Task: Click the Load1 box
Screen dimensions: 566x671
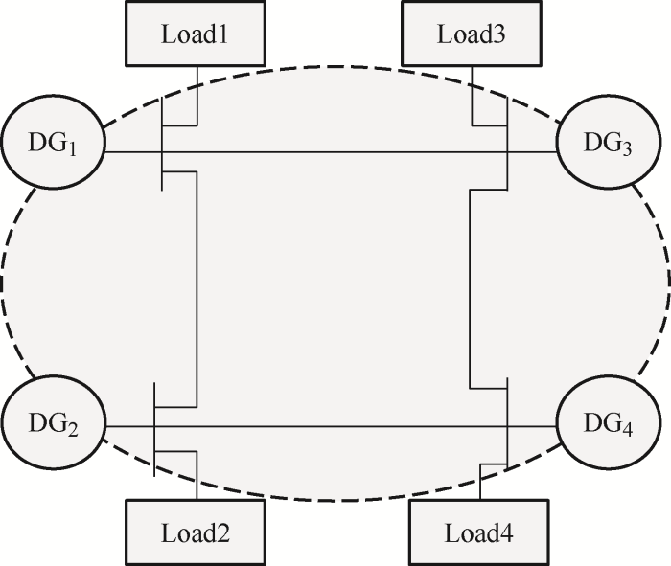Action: coord(196,34)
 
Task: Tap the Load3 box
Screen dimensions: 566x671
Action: coord(473,34)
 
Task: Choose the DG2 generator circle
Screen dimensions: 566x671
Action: coord(54,425)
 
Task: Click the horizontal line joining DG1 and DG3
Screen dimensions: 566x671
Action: coord(335,152)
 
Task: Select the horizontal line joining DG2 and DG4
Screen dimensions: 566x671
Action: coord(335,426)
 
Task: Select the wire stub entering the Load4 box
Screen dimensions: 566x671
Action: coord(479,483)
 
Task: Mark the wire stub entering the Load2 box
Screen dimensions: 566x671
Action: coord(197,484)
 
